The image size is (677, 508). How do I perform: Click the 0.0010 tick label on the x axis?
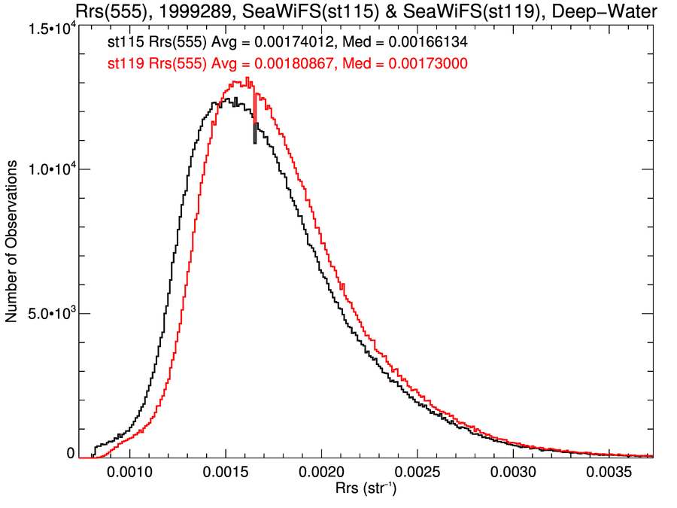pos(130,475)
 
